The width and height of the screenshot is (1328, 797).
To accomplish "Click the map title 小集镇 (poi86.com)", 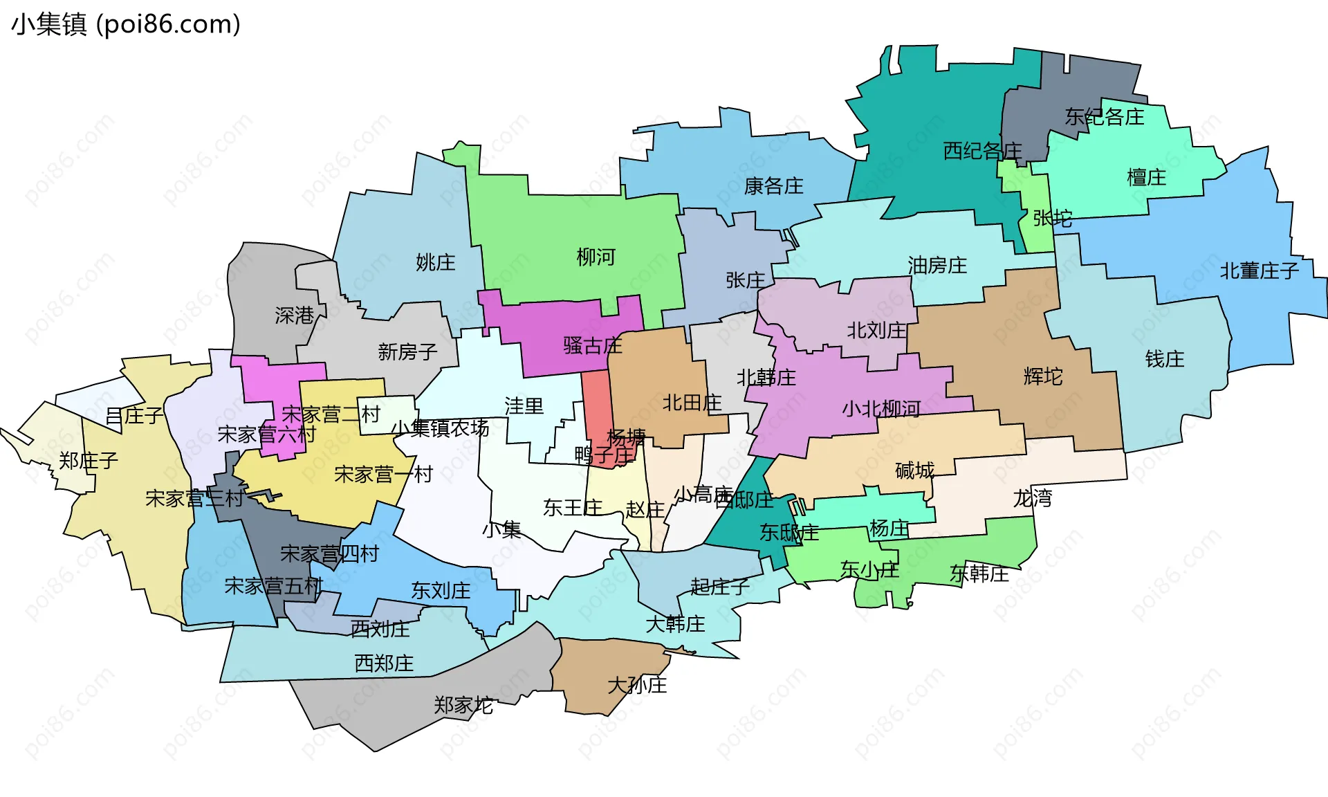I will [126, 24].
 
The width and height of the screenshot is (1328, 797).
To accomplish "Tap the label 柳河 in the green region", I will [596, 257].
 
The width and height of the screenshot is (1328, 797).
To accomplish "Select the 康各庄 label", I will [773, 186].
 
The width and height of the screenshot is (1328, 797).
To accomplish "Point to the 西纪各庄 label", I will [982, 151].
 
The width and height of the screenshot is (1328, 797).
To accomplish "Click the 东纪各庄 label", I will [1104, 117].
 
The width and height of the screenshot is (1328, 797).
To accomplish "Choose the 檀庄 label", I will [1146, 178].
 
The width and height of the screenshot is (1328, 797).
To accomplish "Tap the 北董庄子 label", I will [1259, 271].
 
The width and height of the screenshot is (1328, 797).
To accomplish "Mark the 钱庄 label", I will [1164, 359].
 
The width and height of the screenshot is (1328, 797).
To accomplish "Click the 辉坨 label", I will [1042, 377].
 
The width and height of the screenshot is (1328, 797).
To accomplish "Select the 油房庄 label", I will [937, 266].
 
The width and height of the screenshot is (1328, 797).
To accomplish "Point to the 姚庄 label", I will [435, 263].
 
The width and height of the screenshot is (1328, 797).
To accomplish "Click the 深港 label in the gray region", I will [294, 316].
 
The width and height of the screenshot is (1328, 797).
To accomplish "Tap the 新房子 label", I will [407, 352].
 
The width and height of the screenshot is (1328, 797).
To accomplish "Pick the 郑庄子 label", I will [88, 461].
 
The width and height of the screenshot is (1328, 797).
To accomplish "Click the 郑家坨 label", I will [463, 706].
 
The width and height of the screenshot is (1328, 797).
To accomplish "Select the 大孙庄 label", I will [637, 686].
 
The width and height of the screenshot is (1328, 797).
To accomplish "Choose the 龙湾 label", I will [1032, 498].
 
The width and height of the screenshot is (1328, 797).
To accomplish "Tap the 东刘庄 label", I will [441, 591].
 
